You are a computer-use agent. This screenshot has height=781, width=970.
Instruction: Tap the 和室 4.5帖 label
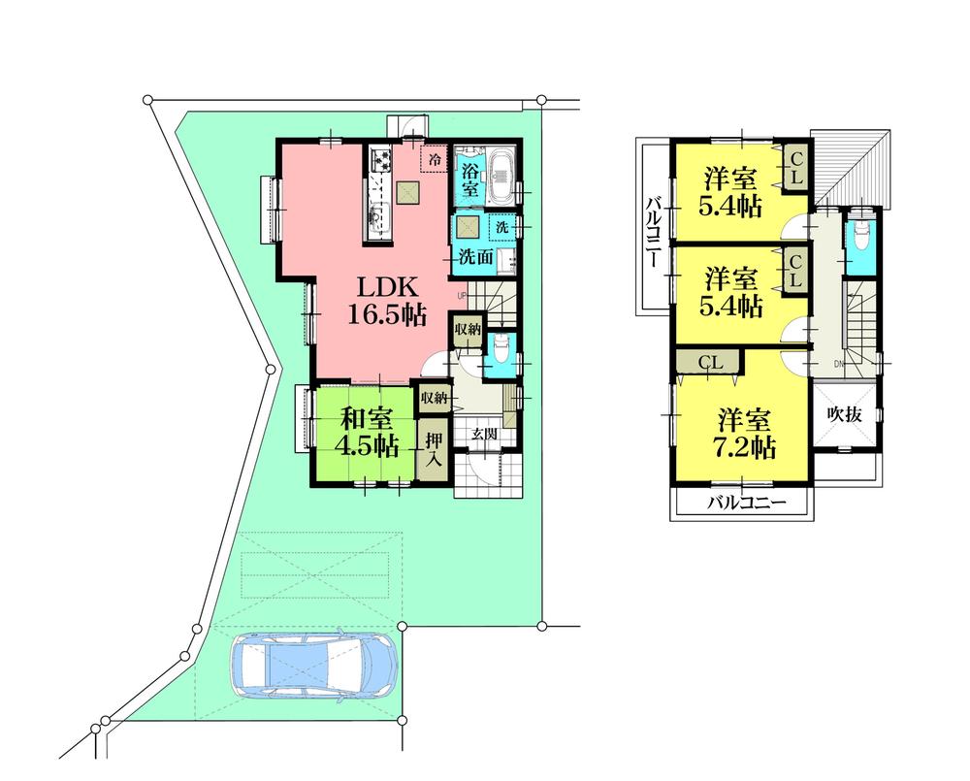[367, 432]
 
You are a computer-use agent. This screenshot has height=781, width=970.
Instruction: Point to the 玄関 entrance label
[484, 434]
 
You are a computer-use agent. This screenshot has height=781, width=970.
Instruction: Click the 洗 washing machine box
[501, 226]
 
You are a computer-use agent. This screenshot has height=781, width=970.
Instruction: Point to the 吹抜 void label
[844, 412]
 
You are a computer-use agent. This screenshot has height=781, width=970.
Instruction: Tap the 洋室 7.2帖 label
[745, 433]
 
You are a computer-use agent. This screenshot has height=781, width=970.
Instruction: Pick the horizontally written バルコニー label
[742, 504]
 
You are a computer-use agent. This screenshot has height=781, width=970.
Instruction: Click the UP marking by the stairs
[463, 295]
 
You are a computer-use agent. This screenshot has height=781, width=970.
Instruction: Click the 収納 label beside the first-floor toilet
[467, 330]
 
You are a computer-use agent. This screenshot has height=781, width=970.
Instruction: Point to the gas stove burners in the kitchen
[378, 159]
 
